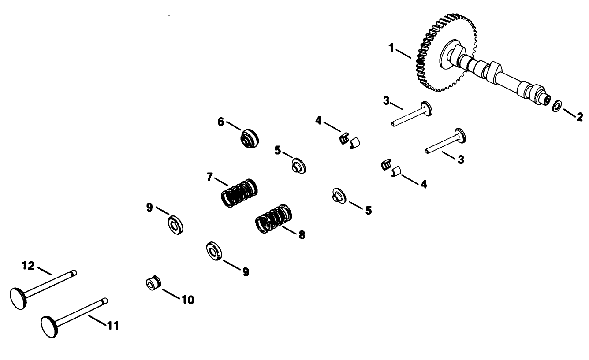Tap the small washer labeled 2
click(x=557, y=106)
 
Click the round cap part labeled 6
click(x=249, y=139)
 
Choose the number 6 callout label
click(x=221, y=121)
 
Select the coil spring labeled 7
click(x=239, y=193)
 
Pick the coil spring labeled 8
click(x=274, y=219)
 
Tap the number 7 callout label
click(x=210, y=177)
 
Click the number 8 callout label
click(x=302, y=235)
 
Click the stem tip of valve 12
click(x=75, y=273)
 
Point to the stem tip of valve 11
click(x=105, y=301)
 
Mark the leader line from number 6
click(x=234, y=126)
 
